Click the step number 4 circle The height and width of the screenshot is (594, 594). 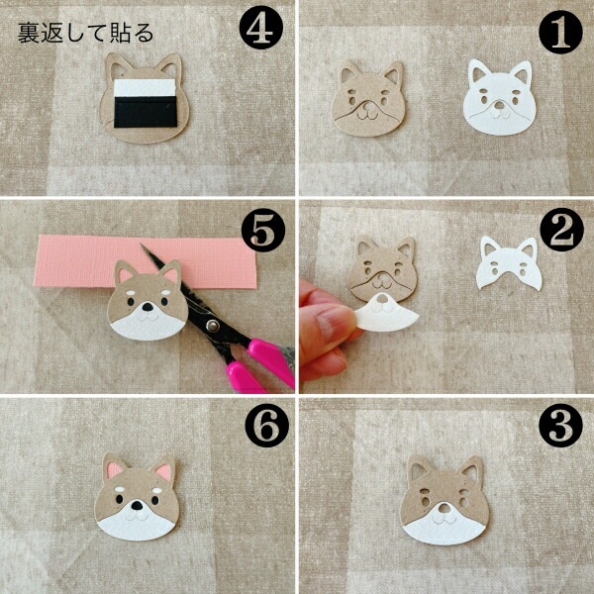point(261,28)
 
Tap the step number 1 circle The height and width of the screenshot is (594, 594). point(560,32)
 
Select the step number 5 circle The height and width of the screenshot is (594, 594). point(263,231)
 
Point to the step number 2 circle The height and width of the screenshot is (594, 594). point(561,230)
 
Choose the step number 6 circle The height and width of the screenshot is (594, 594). point(266,426)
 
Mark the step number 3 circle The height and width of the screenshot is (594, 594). point(560,426)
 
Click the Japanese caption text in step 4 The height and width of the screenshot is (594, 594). point(85,33)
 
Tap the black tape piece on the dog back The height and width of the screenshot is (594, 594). point(146,113)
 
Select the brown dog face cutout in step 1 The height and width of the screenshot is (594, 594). point(369,98)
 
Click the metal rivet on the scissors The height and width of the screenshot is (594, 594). point(213,325)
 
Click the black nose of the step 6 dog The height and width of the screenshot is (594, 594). point(137,506)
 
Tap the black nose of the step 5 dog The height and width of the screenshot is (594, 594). point(148,307)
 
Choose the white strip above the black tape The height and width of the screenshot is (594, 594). point(145,87)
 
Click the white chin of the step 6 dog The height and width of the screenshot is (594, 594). point(137,523)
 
